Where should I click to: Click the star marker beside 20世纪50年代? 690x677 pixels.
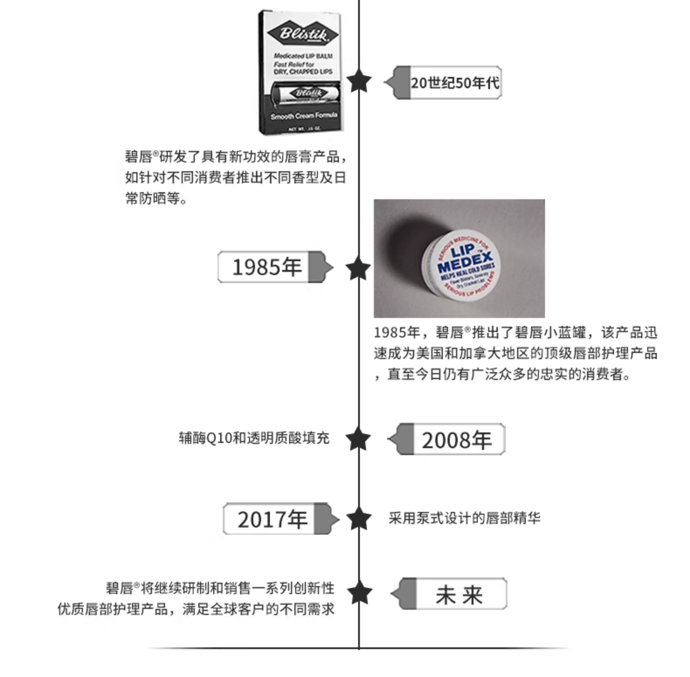tap(359, 82)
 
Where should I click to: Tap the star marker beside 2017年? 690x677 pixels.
tap(359, 519)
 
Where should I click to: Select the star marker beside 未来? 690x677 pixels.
tap(359, 592)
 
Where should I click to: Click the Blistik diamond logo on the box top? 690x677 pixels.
tap(302, 34)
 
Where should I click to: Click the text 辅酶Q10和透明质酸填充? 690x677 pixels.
tap(254, 438)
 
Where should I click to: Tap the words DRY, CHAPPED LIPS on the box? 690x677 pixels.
tap(303, 72)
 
